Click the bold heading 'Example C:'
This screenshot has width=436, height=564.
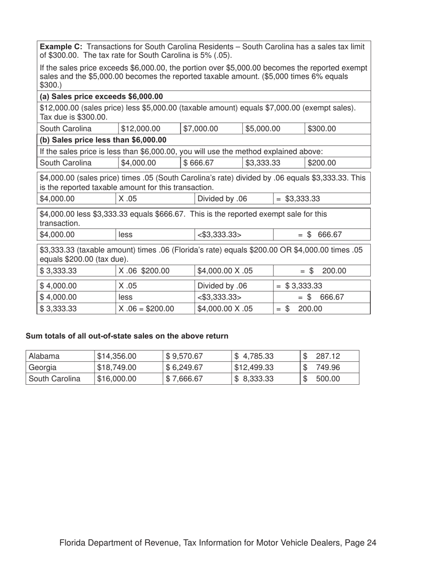61,47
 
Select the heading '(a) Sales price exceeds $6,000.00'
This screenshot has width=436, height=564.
101,96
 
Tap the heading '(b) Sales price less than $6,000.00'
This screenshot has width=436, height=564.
103,140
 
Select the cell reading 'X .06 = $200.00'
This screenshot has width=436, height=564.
146,309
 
